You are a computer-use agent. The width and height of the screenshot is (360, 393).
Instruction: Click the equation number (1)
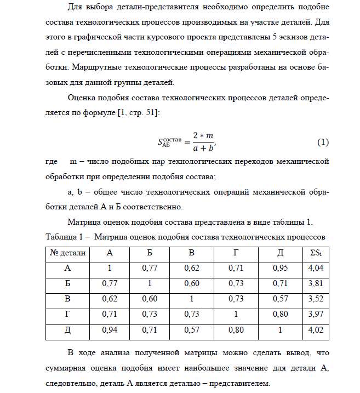click(x=323, y=142)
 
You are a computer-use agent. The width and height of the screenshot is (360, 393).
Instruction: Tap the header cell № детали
click(x=68, y=253)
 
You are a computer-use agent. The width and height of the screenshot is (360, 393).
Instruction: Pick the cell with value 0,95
click(x=281, y=269)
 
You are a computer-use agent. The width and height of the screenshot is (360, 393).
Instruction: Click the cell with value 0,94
click(x=110, y=331)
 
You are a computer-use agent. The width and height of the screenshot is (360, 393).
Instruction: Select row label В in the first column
click(x=68, y=299)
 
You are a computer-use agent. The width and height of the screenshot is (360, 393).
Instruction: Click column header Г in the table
click(x=235, y=253)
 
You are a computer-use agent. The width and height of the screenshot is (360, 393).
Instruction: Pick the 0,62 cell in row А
click(x=191, y=269)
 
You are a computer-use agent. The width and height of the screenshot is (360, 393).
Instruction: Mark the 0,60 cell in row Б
click(x=191, y=284)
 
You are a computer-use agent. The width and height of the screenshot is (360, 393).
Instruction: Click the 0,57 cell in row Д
click(x=191, y=331)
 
